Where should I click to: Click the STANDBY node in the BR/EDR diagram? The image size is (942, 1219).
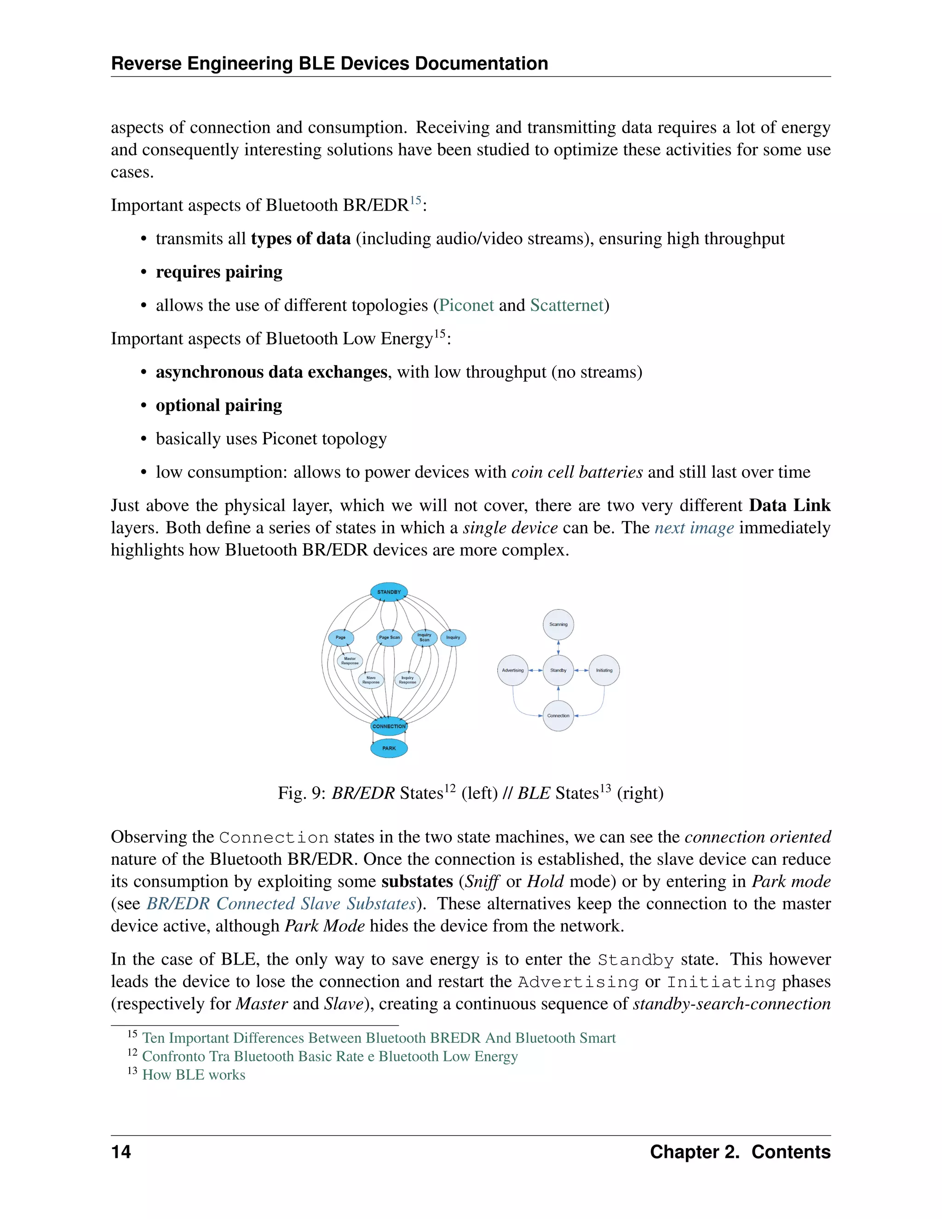click(x=389, y=592)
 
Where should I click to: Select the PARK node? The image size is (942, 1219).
click(x=389, y=748)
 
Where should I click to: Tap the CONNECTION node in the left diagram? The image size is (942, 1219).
click(x=389, y=726)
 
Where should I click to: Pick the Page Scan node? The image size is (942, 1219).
click(x=389, y=638)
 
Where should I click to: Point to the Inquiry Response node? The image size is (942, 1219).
click(x=408, y=680)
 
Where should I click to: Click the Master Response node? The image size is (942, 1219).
click(x=350, y=661)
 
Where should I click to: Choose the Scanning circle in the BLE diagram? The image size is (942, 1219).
click(x=558, y=625)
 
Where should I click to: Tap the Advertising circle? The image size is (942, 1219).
click(x=512, y=670)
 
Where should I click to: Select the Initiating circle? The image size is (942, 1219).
click(x=604, y=670)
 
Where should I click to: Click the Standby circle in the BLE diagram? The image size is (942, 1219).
click(x=558, y=670)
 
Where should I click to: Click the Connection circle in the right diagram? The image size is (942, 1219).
click(x=558, y=716)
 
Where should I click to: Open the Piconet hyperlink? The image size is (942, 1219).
click(x=466, y=305)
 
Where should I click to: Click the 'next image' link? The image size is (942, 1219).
click(x=694, y=528)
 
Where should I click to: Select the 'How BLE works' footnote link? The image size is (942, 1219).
click(x=194, y=1075)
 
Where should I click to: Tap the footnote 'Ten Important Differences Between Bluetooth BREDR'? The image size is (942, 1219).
click(x=379, y=1038)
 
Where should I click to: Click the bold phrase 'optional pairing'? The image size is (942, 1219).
click(x=219, y=405)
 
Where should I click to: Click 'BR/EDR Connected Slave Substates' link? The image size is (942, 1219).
click(x=281, y=903)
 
